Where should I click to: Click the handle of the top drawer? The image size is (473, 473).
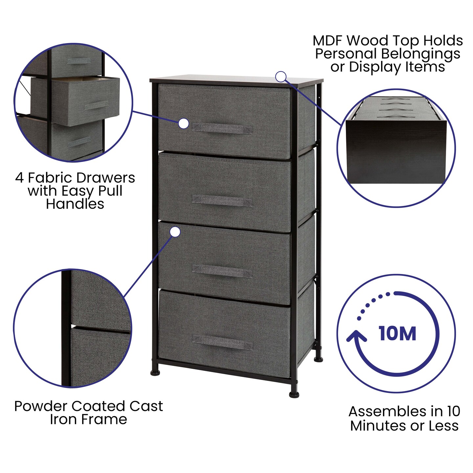pyautogui.click(x=222, y=128)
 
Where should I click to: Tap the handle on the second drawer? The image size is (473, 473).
pyautogui.click(x=222, y=200)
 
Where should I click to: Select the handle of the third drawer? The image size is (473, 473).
pyautogui.click(x=222, y=271)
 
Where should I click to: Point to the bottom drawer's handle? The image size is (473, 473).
pyautogui.click(x=222, y=343)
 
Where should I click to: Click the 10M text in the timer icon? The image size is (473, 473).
pyautogui.click(x=397, y=334)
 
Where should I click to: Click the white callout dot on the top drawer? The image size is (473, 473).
pyautogui.click(x=184, y=124)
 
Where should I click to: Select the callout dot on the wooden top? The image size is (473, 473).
pyautogui.click(x=281, y=77)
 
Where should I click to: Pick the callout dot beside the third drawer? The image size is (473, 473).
pyautogui.click(x=175, y=232)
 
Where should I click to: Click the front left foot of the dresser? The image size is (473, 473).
pyautogui.click(x=155, y=373)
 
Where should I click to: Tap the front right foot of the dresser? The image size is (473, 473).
pyautogui.click(x=294, y=394)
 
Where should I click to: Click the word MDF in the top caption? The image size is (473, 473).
pyautogui.click(x=328, y=41)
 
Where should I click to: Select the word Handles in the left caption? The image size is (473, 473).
pyautogui.click(x=75, y=204)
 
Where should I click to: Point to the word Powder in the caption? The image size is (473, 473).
pyautogui.click(x=40, y=406)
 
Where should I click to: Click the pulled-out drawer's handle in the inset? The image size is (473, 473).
pyautogui.click(x=96, y=106)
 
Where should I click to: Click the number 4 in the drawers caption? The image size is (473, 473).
pyautogui.click(x=20, y=178)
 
